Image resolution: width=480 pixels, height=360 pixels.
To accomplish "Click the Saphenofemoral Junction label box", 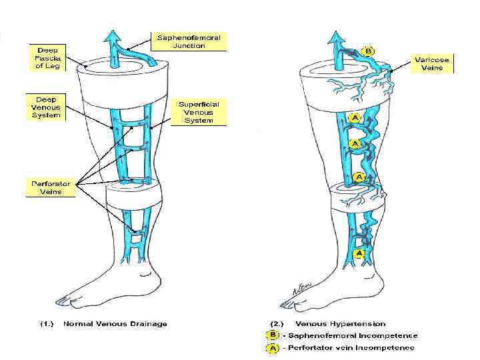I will (x=189, y=41).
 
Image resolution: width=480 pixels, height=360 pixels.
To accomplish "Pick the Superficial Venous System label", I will (x=199, y=112).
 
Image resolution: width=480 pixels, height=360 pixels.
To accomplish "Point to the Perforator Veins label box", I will (x=51, y=187).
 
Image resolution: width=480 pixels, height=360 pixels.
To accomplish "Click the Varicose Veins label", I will (x=432, y=64).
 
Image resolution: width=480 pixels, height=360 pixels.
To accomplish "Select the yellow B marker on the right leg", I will (x=367, y=50).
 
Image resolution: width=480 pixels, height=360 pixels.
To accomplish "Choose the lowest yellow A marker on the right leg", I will (x=359, y=253).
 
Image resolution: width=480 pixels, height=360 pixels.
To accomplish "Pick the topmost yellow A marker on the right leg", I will (x=356, y=117).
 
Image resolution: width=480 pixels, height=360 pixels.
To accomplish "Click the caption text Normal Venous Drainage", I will (x=115, y=324).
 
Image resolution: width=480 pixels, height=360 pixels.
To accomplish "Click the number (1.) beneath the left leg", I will (x=47, y=324).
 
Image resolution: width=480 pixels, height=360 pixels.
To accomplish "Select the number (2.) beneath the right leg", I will (x=276, y=324).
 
